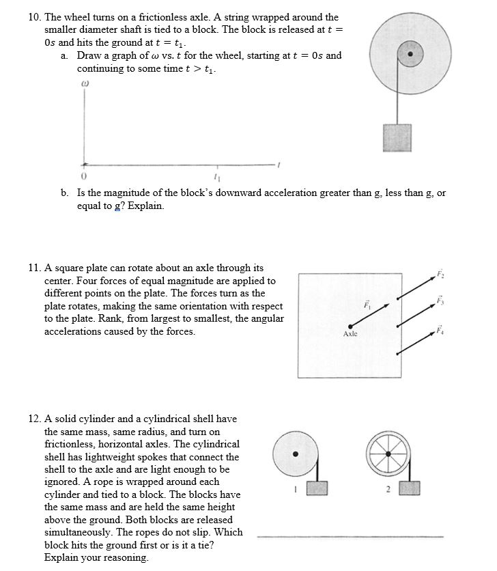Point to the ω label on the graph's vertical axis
point(84,85)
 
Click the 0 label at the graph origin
point(84,179)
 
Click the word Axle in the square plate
point(350,335)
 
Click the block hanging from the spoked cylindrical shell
point(410,489)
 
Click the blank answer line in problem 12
point(350,537)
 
